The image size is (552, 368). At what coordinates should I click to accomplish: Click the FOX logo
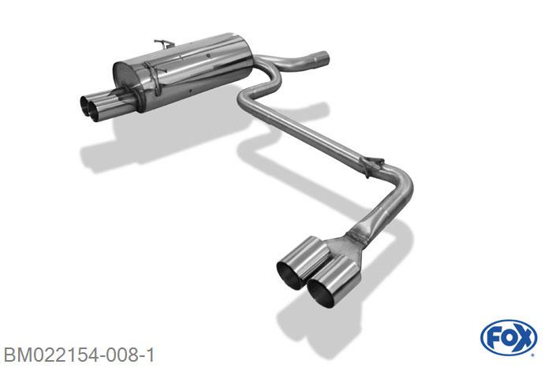509,338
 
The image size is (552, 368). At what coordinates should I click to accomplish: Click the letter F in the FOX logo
493,339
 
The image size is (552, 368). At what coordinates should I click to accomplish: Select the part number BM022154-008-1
79,355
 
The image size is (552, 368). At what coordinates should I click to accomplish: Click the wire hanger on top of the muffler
164,43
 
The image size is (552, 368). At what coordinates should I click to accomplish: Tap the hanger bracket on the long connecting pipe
371,165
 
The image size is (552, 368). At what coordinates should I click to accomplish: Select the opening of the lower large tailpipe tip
321,293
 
